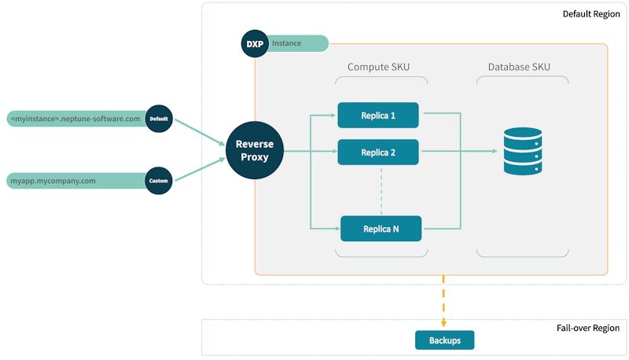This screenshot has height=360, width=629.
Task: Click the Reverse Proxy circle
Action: tap(253, 151)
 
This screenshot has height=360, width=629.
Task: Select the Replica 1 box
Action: tap(377, 115)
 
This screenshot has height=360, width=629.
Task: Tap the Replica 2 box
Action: tap(377, 152)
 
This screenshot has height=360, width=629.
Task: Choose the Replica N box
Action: tap(381, 229)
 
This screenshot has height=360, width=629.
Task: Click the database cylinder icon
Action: tap(523, 152)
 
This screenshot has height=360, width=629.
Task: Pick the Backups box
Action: tap(444, 340)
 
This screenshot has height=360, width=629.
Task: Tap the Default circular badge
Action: tap(159, 119)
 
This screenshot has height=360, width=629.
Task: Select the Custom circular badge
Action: tap(158, 181)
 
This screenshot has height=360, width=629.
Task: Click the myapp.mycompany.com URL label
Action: tap(55, 181)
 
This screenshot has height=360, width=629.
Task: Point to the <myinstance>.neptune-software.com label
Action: tap(75, 119)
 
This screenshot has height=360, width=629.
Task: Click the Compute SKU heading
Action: tap(378, 68)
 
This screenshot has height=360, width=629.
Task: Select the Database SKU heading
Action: tap(523, 68)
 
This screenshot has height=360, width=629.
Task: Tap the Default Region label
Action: tap(590, 14)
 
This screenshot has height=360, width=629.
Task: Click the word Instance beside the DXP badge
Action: tap(286, 44)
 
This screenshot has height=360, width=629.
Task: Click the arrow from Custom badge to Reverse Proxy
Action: tap(198, 169)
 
